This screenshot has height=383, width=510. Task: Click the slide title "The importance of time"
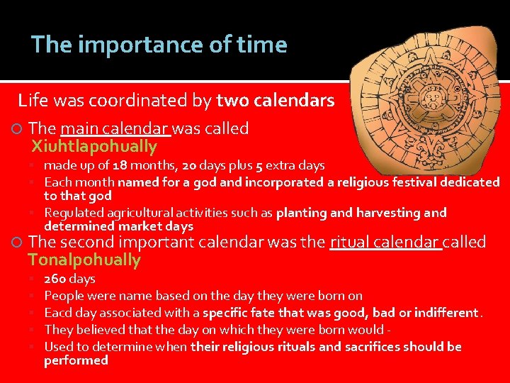click(159, 45)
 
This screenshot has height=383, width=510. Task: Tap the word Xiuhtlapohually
click(93, 147)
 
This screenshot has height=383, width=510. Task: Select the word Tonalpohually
click(84, 260)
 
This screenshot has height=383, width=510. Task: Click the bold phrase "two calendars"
click(276, 101)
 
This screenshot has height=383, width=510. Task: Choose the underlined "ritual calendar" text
click(386, 243)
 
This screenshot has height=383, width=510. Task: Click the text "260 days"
click(69, 279)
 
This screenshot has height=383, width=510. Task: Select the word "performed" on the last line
click(76, 360)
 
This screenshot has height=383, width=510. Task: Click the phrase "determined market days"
click(118, 226)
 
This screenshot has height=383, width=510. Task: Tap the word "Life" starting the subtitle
click(32, 101)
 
